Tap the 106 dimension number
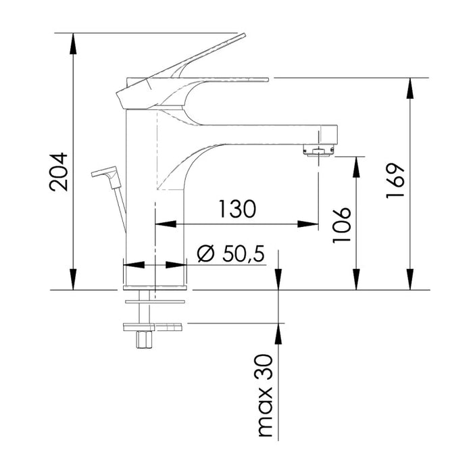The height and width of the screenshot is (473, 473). click(x=343, y=225)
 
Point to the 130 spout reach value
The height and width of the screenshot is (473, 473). click(x=236, y=209)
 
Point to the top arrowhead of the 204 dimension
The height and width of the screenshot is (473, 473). click(x=72, y=41)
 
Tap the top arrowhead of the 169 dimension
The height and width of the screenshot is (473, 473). click(x=409, y=87)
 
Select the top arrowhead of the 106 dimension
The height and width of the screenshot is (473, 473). click(x=355, y=165)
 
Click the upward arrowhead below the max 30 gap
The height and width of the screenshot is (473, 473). click(x=277, y=331)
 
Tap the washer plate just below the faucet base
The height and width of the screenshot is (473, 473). click(x=155, y=299)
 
